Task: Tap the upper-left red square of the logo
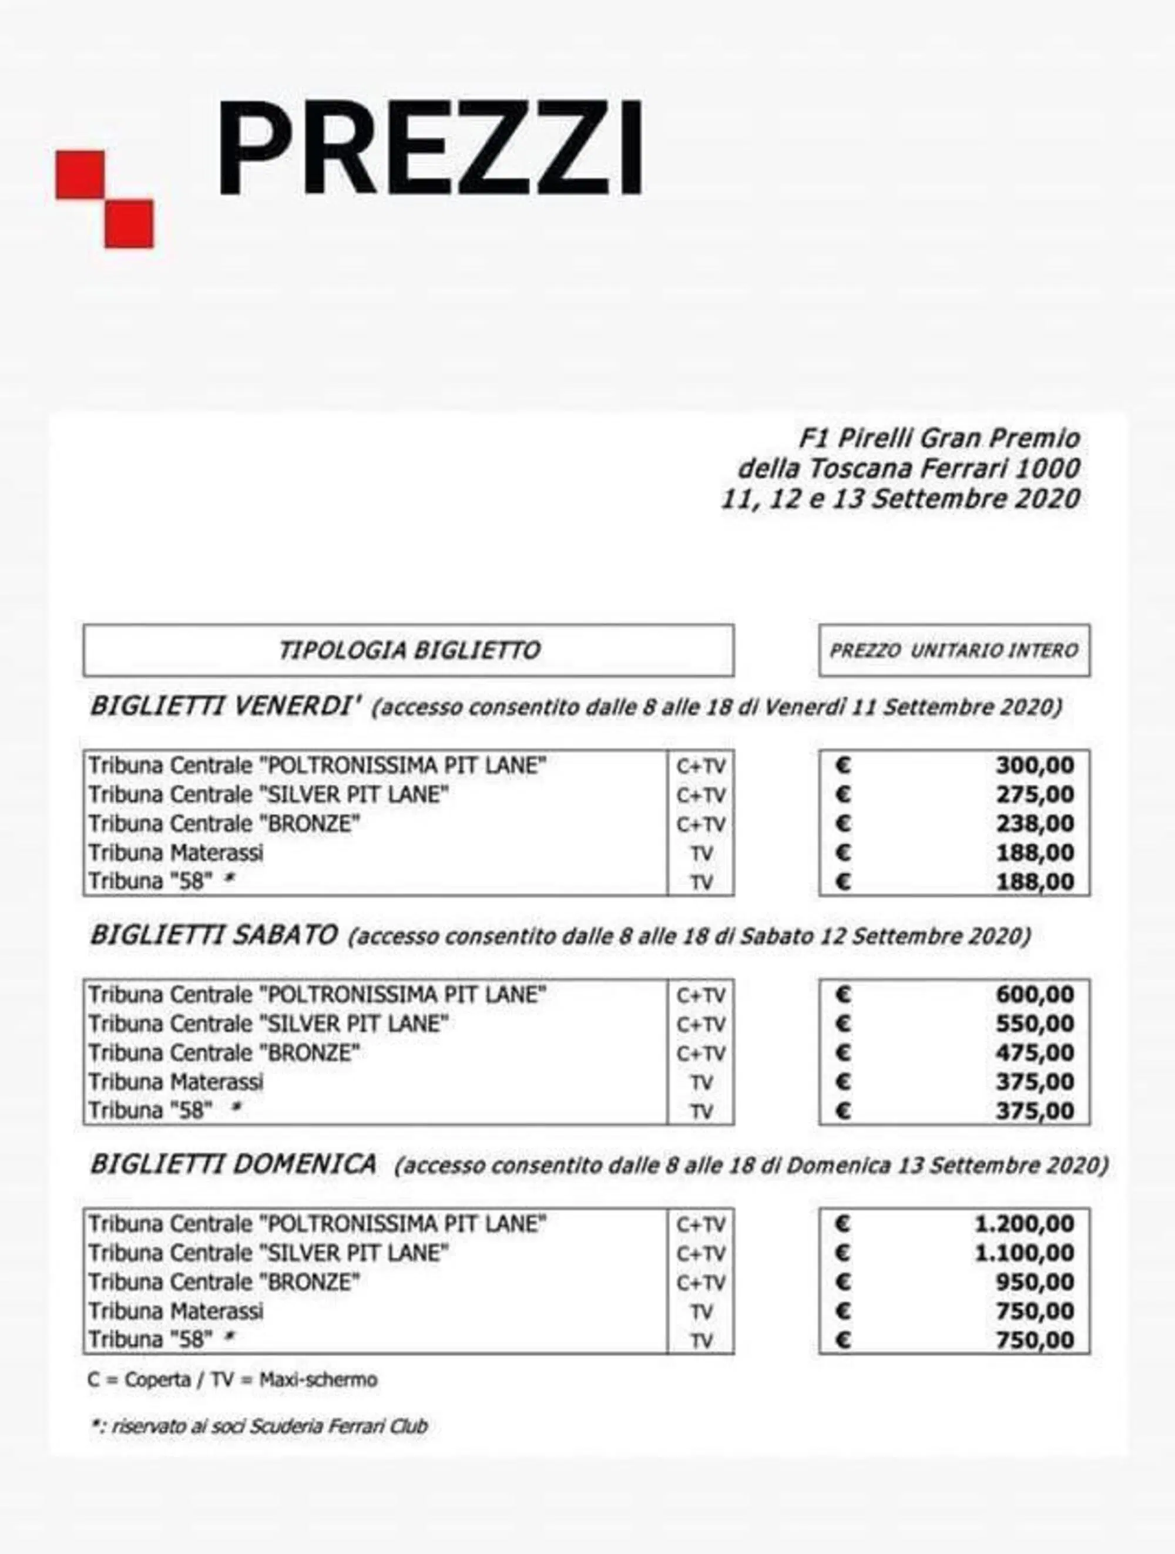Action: click(80, 174)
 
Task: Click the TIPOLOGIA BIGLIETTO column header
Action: click(409, 650)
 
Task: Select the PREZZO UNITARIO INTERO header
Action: click(954, 650)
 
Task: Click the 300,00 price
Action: click(1035, 765)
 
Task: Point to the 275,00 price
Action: click(1035, 794)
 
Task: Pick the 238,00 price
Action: click(1035, 823)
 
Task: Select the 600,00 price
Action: click(1035, 995)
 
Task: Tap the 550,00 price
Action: click(1035, 1023)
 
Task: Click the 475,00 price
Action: click(1035, 1053)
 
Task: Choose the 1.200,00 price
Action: click(1024, 1224)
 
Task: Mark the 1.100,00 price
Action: click(1024, 1253)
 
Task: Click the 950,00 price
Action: click(1035, 1282)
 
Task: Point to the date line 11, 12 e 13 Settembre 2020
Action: click(901, 499)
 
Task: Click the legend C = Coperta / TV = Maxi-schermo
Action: click(233, 1380)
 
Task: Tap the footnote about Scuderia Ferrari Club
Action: click(259, 1426)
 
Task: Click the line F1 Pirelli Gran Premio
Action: click(939, 439)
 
